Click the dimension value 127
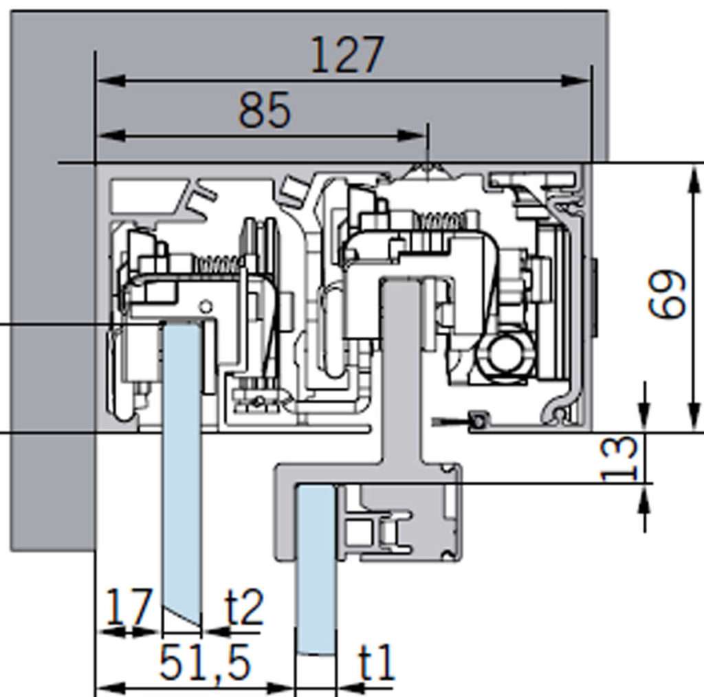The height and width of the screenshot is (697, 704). pyautogui.click(x=346, y=55)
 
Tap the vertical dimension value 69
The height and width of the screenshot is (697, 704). pyautogui.click(x=668, y=294)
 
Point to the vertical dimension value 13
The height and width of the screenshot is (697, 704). pyautogui.click(x=621, y=458)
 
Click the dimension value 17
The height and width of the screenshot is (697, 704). pyautogui.click(x=128, y=608)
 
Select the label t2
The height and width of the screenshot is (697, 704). pyautogui.click(x=244, y=608)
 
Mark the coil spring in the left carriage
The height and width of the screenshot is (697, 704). pyautogui.click(x=217, y=263)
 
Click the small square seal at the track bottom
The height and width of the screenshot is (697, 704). pyautogui.click(x=478, y=420)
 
